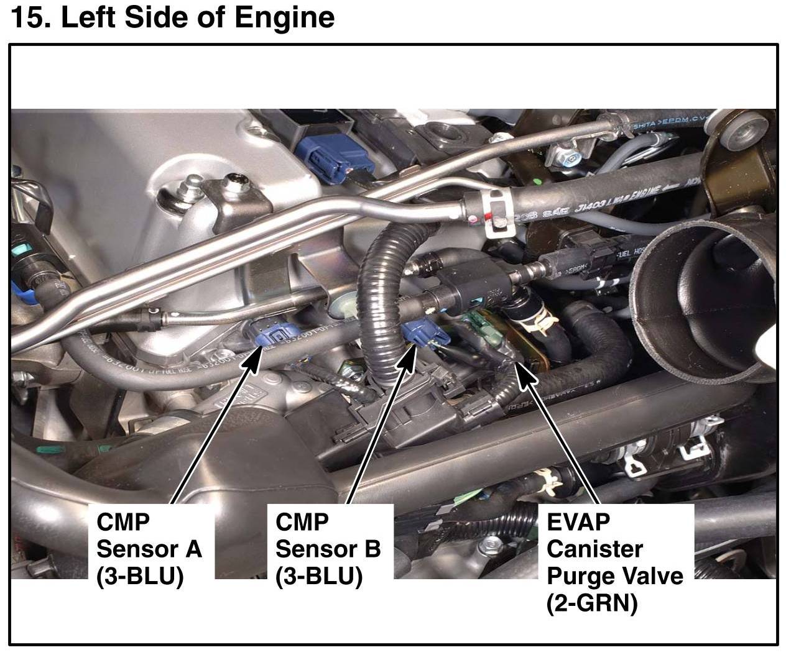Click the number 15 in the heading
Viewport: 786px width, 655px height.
[x=30, y=18]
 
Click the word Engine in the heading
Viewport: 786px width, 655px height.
[x=284, y=19]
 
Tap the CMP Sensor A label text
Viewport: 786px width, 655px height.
[x=149, y=549]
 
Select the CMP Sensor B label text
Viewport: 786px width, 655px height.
[x=328, y=549]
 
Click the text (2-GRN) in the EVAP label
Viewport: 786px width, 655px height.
[x=591, y=603]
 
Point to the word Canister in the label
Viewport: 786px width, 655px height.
[x=594, y=549]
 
